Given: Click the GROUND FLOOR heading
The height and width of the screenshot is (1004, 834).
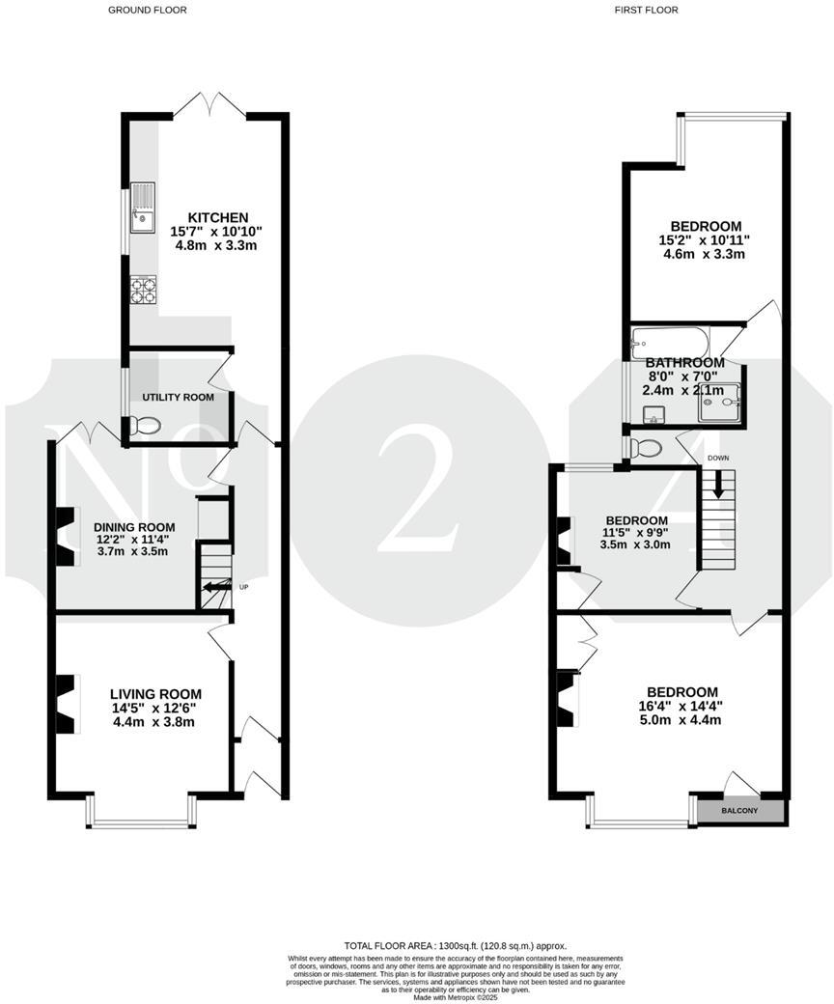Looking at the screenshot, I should click(x=148, y=10).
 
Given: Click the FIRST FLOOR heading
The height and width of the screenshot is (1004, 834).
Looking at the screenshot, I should click(x=646, y=10).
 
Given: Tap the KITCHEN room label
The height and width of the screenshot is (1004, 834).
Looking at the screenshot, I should click(x=217, y=217).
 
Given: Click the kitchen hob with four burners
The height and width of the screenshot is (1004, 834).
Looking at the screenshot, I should click(x=142, y=290).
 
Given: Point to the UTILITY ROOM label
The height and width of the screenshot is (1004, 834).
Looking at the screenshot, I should click(x=179, y=397).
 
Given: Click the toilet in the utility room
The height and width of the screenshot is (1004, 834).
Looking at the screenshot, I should click(x=144, y=426).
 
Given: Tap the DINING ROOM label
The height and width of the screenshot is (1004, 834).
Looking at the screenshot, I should click(x=134, y=526).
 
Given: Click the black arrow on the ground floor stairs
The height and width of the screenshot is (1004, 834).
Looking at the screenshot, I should click(x=216, y=586).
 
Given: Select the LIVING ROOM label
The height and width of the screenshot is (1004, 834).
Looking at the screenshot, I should click(x=155, y=693).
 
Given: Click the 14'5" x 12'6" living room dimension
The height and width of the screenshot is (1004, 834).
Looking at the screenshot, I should click(x=155, y=708).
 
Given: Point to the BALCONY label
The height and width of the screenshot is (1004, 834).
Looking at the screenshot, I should click(x=740, y=811).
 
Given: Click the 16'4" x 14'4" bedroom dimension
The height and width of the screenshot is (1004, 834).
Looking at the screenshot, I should click(x=682, y=706).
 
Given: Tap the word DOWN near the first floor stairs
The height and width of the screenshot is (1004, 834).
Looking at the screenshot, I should click(x=718, y=458).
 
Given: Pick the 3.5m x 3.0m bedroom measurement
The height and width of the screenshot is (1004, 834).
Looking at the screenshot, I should click(x=631, y=544).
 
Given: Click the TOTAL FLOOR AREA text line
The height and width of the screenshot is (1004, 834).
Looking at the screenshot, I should click(x=456, y=945).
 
